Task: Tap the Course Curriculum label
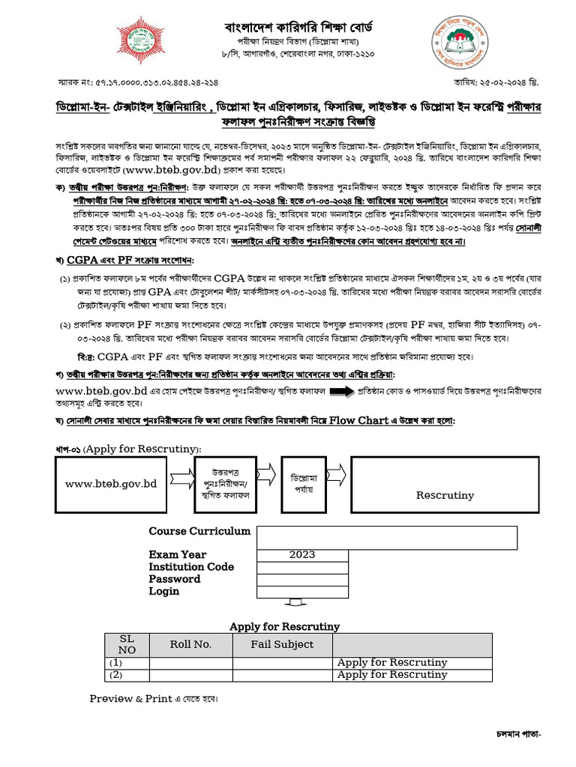click(199, 531)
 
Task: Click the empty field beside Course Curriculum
click(386, 538)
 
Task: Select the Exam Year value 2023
click(302, 555)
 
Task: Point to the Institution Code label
click(191, 567)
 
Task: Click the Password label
click(174, 579)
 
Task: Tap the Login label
click(163, 591)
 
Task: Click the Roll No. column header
click(190, 644)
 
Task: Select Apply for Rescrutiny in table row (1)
click(391, 662)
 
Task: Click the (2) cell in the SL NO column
click(115, 674)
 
